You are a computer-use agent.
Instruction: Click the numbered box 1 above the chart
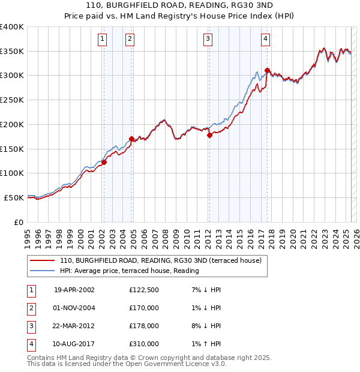(103, 40)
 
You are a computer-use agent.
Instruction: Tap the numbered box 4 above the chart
(265, 40)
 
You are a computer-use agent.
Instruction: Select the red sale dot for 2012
(209, 136)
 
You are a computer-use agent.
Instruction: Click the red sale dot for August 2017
(267, 70)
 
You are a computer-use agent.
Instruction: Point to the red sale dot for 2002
(104, 162)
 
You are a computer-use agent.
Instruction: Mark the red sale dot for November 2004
(131, 139)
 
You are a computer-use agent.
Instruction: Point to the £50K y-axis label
(14, 197)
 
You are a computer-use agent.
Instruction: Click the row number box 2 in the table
(31, 308)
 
